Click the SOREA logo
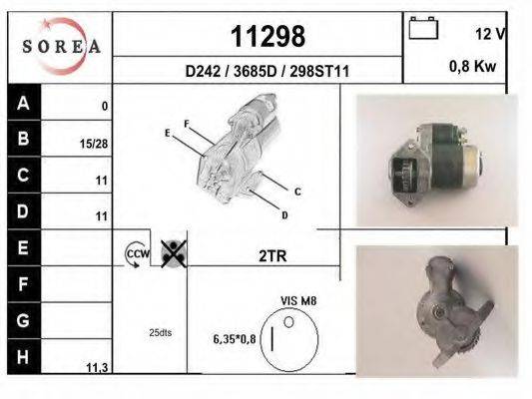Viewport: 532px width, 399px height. (61, 46)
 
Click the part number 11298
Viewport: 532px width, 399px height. (268, 37)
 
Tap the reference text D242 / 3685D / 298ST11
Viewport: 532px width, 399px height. (267, 72)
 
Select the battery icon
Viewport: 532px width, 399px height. (423, 28)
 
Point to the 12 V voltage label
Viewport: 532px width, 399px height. (490, 34)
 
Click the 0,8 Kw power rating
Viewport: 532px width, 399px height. (473, 66)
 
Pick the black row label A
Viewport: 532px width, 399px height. (24, 103)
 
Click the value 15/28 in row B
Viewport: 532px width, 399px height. (94, 144)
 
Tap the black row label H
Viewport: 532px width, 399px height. (24, 357)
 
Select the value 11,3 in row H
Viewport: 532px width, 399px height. (97, 367)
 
